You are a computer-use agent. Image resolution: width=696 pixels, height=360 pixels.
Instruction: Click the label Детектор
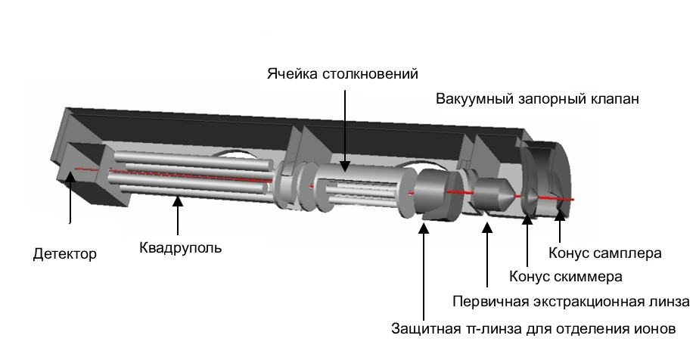coord(65,253)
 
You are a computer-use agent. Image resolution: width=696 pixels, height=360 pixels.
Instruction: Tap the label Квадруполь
coord(181,247)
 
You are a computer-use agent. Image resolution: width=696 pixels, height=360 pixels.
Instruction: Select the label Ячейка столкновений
coord(343,74)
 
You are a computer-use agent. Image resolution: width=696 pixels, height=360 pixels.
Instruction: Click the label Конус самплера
coord(605,253)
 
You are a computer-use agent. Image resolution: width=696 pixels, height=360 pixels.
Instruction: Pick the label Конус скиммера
coord(566,276)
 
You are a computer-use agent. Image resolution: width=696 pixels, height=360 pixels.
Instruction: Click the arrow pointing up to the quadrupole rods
coord(178,215)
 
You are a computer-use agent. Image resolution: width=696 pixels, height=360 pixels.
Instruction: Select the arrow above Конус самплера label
coord(560,227)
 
